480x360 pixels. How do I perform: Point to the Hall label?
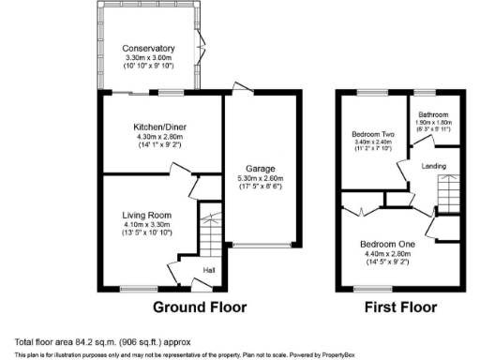(x=209, y=273)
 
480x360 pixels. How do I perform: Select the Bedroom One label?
(x=386, y=244)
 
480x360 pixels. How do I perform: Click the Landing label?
(x=433, y=167)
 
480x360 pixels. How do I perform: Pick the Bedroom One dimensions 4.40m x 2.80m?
(x=386, y=253)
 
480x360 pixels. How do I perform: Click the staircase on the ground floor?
(x=210, y=233)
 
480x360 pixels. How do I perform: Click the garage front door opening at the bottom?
(x=261, y=247)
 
